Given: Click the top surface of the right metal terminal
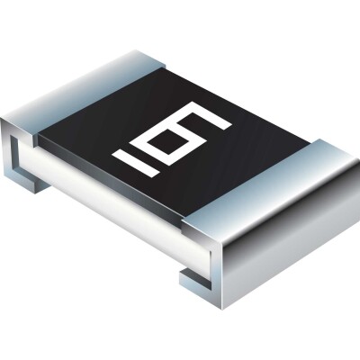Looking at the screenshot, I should pyautogui.click(x=270, y=180).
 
